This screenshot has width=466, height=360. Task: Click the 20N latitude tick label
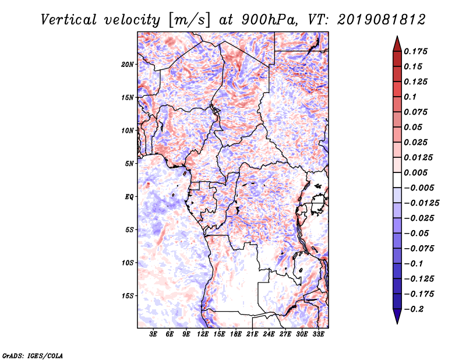(127, 65)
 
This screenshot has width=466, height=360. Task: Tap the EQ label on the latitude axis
(129, 197)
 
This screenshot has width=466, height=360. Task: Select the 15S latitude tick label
(127, 296)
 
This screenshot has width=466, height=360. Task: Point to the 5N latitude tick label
(129, 164)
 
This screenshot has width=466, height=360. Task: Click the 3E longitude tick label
(153, 334)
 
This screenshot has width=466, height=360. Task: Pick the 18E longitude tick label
(236, 334)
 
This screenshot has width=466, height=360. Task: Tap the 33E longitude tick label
(318, 334)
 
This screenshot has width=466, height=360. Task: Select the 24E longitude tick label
(269, 334)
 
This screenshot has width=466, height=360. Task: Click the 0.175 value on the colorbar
(415, 51)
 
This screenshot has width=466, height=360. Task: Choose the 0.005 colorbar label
(415, 172)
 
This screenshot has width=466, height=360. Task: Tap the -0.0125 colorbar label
(422, 203)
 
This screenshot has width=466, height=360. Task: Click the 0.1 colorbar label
(410, 97)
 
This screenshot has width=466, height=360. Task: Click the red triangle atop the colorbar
(397, 44)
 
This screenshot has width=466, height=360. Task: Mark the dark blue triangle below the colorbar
(397, 316)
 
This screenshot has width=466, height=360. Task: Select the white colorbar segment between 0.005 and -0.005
(397, 180)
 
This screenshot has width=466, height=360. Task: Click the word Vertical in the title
(69, 20)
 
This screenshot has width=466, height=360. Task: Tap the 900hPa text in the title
(269, 20)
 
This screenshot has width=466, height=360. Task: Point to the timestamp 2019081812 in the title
(382, 20)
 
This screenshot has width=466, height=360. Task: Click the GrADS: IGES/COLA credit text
(33, 355)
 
